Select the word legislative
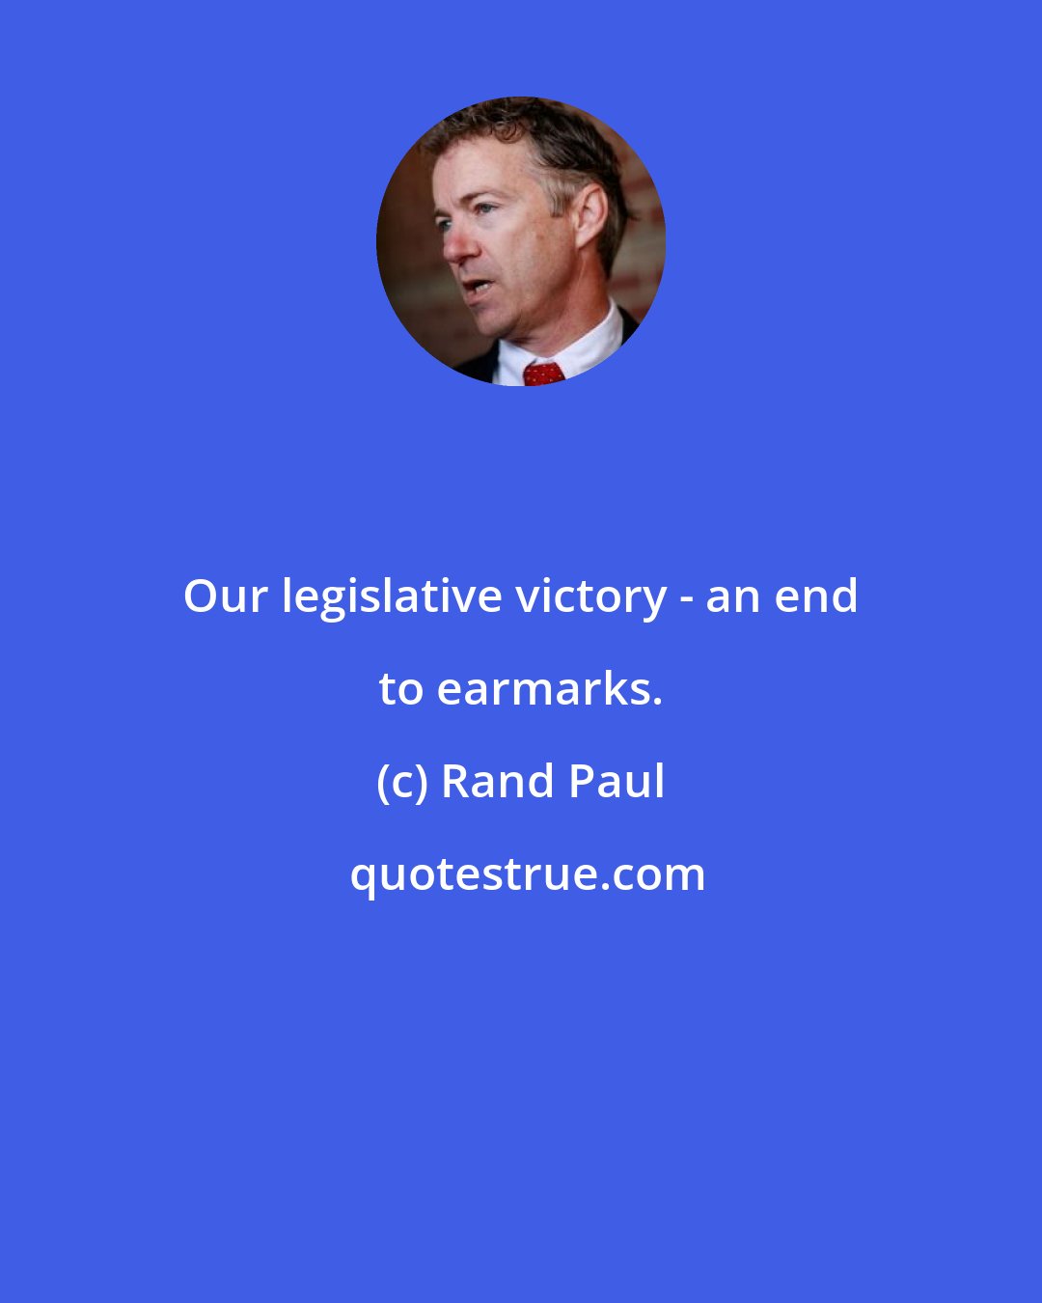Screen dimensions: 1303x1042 click(x=391, y=596)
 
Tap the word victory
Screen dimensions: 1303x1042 click(x=590, y=596)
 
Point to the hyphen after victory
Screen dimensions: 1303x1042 click(x=685, y=599)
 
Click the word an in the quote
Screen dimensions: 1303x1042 click(x=731, y=596)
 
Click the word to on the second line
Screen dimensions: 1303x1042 click(x=401, y=689)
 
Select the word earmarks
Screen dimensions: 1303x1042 click(x=550, y=689)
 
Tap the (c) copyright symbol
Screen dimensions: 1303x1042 click(x=401, y=782)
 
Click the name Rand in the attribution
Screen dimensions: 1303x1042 click(x=498, y=782)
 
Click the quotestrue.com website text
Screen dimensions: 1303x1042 click(x=527, y=874)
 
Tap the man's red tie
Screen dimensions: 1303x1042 click(x=543, y=373)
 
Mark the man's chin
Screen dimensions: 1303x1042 click(x=502, y=323)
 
